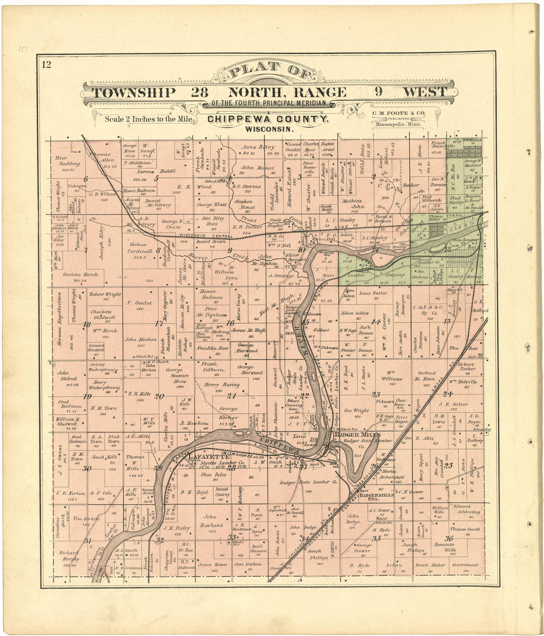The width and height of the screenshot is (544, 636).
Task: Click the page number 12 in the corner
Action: point(47,64)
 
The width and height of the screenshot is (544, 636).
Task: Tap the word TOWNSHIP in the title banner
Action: point(134,92)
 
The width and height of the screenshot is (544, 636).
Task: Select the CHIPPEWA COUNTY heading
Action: point(268,119)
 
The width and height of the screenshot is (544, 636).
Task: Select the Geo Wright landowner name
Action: point(357,410)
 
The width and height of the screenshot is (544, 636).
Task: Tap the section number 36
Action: point(449,538)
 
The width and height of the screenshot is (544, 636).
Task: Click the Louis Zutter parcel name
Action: point(373,293)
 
